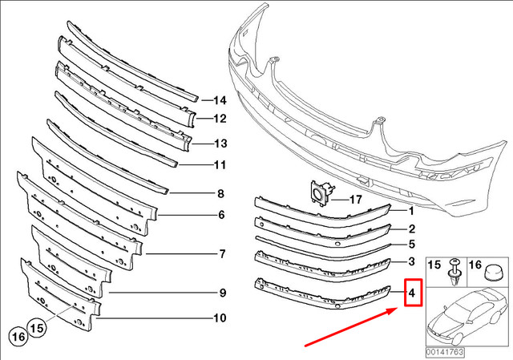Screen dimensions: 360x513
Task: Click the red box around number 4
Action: pos(411,293)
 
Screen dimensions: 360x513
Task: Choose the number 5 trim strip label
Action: pos(410,244)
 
